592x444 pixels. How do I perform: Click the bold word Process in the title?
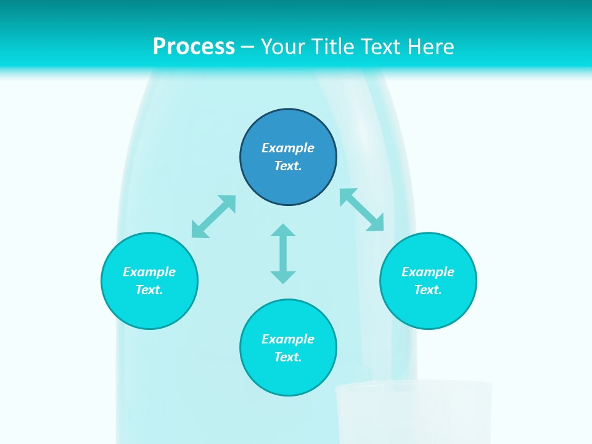click(x=194, y=47)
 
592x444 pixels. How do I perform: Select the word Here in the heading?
click(x=431, y=47)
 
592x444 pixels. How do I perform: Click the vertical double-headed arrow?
click(x=283, y=253)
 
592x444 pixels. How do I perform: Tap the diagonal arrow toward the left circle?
click(x=213, y=216)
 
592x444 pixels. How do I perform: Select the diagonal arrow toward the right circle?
click(x=361, y=210)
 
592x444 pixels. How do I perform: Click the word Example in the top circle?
click(x=288, y=148)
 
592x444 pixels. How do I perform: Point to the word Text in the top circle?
click(x=287, y=166)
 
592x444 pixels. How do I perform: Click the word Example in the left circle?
click(x=149, y=272)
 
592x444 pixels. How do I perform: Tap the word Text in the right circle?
click(x=427, y=290)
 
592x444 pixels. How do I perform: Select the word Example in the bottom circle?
click(x=288, y=339)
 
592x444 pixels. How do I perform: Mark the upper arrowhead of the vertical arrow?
click(x=283, y=230)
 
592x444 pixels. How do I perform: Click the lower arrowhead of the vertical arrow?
click(x=283, y=277)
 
